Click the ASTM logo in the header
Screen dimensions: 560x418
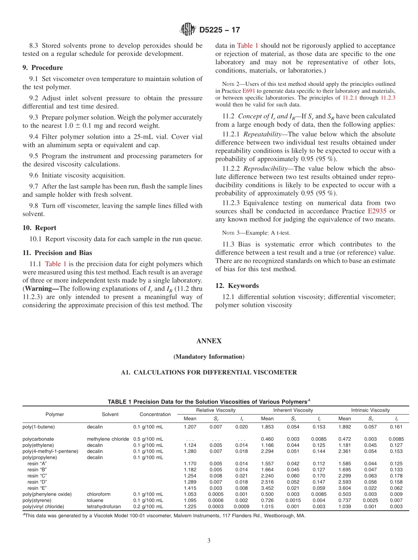tap(188, 30)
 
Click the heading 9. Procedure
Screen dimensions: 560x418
tap(43, 68)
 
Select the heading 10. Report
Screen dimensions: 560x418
tap(39, 228)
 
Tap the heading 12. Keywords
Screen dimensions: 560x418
tap(237, 286)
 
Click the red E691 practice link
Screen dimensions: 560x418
tap(249, 90)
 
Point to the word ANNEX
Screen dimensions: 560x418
tap(209, 341)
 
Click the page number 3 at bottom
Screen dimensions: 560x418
tap(209, 541)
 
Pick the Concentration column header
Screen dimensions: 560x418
tap(155, 414)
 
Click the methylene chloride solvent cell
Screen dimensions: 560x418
tap(108, 439)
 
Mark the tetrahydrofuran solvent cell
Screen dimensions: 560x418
tap(103, 506)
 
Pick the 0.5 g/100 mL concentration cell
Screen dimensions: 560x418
tap(148, 439)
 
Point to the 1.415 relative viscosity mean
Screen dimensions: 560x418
tap(190, 488)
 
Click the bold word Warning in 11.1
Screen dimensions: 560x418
tap(41, 289)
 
